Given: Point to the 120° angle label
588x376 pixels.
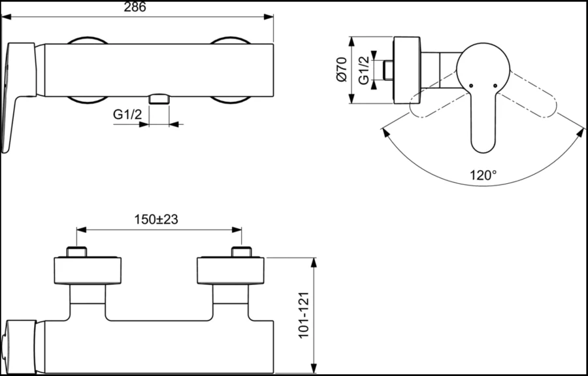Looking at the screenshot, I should coord(483,175).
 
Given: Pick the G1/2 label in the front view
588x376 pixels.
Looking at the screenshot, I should coord(128,114).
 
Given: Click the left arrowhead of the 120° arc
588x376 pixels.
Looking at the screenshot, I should coord(383,131).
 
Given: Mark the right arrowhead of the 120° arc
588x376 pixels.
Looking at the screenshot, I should coord(581,131).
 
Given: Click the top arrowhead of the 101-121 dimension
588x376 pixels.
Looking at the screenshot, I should coord(316,261).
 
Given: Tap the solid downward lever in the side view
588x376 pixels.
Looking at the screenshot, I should coord(483,124).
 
